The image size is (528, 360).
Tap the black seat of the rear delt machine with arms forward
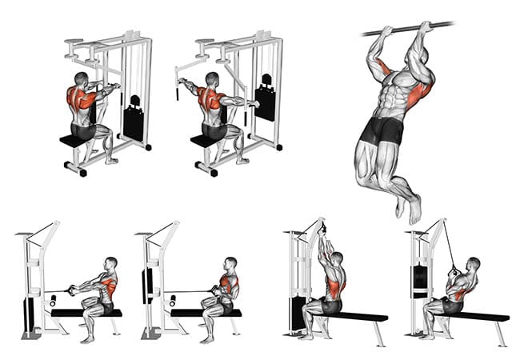click(73, 141)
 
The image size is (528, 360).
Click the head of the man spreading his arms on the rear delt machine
click(212, 79)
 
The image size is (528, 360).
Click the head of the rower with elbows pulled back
click(230, 264)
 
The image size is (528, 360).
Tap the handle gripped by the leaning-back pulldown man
click(454, 270)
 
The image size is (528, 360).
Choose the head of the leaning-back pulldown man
click(474, 264)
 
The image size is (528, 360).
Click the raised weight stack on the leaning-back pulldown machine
click(419, 281)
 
